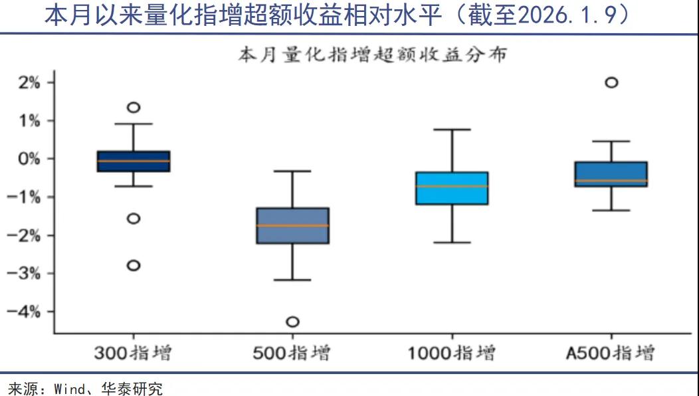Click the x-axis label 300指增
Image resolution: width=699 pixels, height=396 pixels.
tap(133, 352)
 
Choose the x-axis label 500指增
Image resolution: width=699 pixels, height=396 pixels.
tap(292, 352)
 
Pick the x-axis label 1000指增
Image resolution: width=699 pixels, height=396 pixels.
tap(451, 352)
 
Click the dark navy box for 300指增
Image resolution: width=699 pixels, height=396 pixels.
tap(134, 161)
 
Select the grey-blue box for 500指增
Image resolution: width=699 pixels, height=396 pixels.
tap(293, 226)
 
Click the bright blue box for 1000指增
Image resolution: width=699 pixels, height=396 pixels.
tap(452, 188)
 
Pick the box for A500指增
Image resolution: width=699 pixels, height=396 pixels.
tap(611, 174)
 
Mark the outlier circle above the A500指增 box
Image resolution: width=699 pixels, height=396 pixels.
tap(611, 82)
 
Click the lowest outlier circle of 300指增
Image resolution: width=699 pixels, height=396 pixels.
tap(134, 265)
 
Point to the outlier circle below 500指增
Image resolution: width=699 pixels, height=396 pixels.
tap(292, 322)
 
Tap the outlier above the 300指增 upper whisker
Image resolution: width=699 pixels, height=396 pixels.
tap(134, 108)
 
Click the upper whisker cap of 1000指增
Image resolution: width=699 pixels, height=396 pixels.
tap(452, 130)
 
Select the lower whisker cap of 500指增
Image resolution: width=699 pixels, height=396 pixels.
tap(292, 280)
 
